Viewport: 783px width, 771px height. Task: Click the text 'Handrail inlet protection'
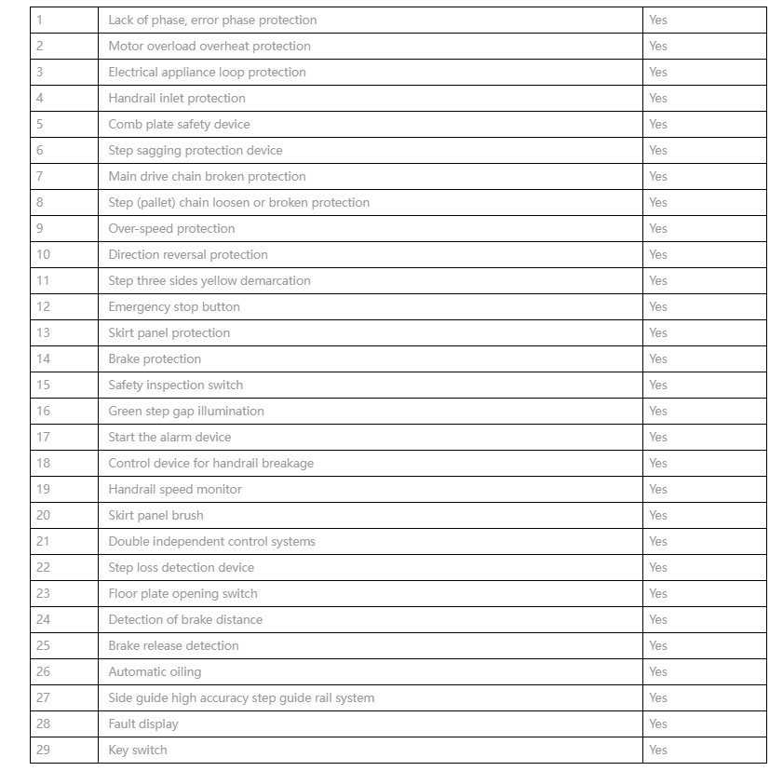point(177,98)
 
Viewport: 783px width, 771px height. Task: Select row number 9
point(40,228)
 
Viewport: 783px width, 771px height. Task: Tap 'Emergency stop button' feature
point(174,306)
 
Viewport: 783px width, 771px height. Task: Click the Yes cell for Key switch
point(658,750)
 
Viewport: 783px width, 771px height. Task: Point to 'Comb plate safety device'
point(179,124)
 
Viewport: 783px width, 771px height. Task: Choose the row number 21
point(43,541)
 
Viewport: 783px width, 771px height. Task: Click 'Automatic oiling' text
point(155,671)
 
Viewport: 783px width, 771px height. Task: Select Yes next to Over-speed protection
point(658,228)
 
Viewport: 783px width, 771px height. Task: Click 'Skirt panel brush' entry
point(155,515)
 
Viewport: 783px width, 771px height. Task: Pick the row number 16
point(43,411)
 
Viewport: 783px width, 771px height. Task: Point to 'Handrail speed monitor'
point(175,489)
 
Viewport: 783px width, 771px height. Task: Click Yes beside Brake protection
point(658,358)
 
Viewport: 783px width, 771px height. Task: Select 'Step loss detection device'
point(181,567)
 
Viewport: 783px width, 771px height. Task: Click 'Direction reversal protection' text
point(188,254)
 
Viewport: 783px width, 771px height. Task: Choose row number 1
point(40,20)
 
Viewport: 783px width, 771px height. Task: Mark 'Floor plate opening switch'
point(182,593)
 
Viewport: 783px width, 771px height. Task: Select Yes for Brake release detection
point(658,645)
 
